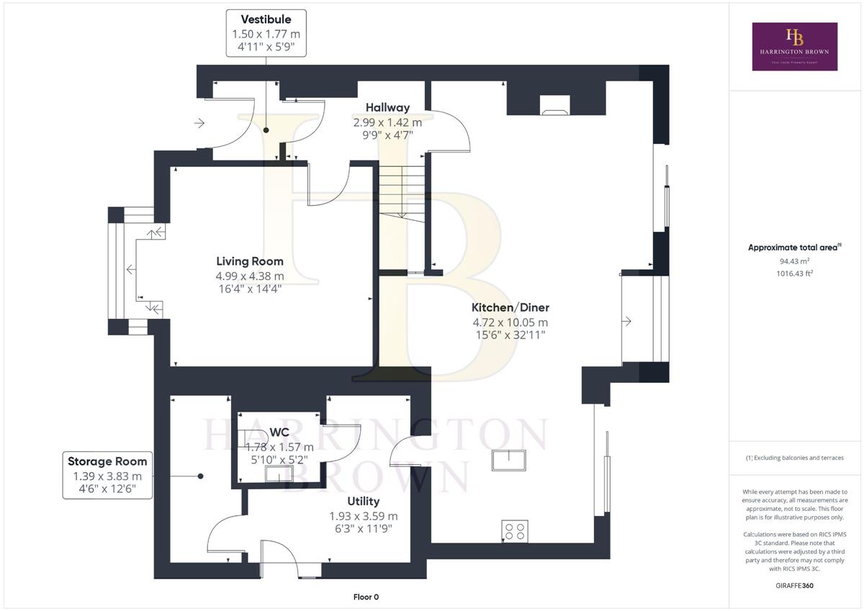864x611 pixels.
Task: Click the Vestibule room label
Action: tap(266, 19)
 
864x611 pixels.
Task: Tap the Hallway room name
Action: tap(387, 107)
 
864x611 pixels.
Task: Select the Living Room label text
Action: tap(250, 261)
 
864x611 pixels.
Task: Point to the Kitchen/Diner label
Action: tap(510, 307)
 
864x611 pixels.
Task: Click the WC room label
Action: tap(279, 432)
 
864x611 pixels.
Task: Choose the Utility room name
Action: tap(364, 501)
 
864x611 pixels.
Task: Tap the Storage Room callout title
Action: tap(107, 461)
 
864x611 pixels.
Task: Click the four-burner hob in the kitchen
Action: tap(515, 531)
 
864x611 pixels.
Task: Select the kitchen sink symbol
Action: tap(509, 461)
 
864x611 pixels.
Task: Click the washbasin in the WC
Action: tap(279, 474)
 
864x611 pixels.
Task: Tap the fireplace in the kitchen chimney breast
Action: tap(555, 105)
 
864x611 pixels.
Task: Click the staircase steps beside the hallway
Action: tap(402, 193)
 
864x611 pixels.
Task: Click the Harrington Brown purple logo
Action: tap(795, 47)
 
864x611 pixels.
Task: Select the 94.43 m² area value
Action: tap(795, 261)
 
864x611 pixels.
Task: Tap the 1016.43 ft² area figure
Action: tap(795, 273)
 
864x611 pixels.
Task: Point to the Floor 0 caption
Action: tap(366, 597)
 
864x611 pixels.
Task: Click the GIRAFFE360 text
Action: tap(795, 586)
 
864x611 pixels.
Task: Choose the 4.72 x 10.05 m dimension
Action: tap(510, 322)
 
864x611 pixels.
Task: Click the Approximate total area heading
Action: tap(795, 248)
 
